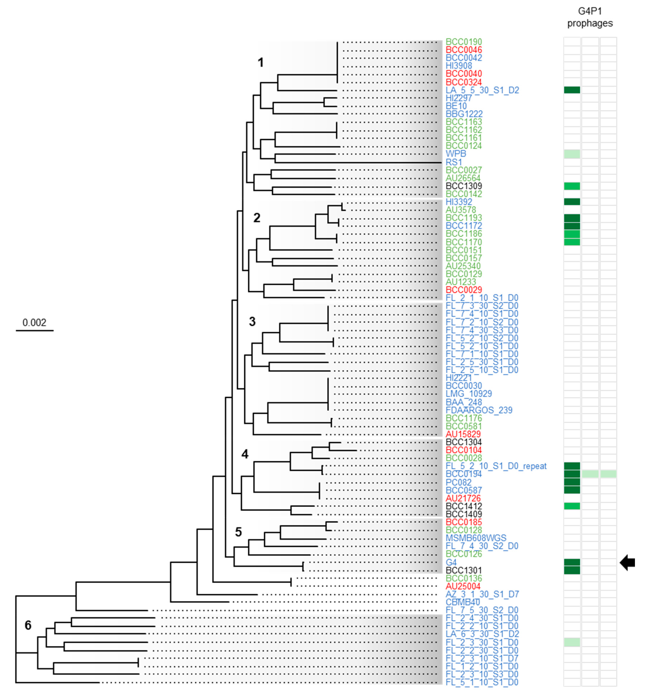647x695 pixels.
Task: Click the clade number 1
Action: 261,62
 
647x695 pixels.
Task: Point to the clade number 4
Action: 245,454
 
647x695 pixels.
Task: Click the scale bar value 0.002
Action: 34,322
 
